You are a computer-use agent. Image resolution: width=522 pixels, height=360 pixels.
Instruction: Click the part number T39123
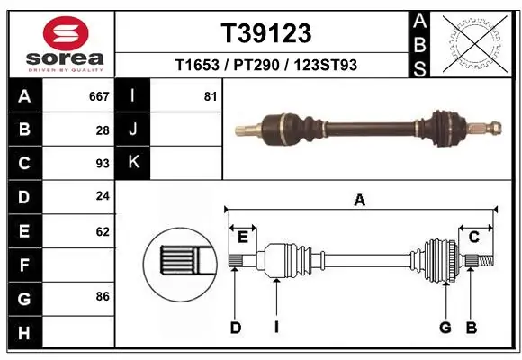coord(266,33)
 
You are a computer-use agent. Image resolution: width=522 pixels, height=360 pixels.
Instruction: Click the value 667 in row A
coord(99,96)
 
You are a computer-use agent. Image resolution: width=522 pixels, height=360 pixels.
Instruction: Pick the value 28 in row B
coord(103,130)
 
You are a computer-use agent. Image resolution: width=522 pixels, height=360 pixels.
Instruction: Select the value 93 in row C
coord(103,164)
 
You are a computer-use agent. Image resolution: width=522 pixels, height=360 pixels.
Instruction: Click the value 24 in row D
coord(103,197)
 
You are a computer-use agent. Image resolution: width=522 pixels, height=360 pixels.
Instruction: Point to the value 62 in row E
coord(103,231)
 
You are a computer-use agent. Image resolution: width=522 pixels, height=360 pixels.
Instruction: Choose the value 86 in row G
coord(103,295)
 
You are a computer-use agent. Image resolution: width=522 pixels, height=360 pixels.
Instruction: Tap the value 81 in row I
coord(211,96)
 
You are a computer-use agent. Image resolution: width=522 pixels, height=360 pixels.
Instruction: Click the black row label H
coord(23,332)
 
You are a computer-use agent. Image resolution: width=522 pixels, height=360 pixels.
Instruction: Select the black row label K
coord(133,163)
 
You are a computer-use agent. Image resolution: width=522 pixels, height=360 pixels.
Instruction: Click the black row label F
coord(23,265)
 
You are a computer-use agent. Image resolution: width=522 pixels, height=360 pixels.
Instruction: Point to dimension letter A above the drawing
coord(359,201)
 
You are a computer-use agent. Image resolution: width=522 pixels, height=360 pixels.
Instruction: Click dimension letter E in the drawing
coord(242,237)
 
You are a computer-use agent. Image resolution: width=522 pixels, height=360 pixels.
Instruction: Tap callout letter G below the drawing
coord(445,328)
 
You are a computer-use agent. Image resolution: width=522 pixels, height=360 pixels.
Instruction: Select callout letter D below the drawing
coord(236,328)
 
